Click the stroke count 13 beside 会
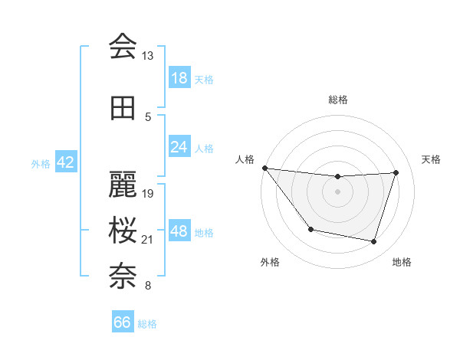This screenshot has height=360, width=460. click(x=148, y=56)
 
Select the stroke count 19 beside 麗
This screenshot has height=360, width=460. click(x=148, y=193)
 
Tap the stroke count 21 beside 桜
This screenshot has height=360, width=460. click(x=148, y=240)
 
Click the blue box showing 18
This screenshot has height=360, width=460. click(x=179, y=78)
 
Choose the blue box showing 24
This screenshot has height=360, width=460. click(x=179, y=146)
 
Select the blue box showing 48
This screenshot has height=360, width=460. click(x=179, y=232)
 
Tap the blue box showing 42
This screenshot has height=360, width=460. click(x=65, y=163)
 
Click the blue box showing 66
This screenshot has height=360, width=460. click(x=122, y=322)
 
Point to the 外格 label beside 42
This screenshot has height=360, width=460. click(x=41, y=164)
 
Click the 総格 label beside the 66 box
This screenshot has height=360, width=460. click(x=148, y=324)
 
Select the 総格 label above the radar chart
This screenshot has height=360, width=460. click(x=338, y=100)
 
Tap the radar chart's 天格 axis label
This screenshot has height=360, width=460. click(x=432, y=159)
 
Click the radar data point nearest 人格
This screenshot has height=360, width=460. click(x=264, y=168)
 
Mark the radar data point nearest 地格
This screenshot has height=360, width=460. click(x=373, y=242)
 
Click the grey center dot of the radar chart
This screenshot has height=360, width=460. click(x=337, y=191)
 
